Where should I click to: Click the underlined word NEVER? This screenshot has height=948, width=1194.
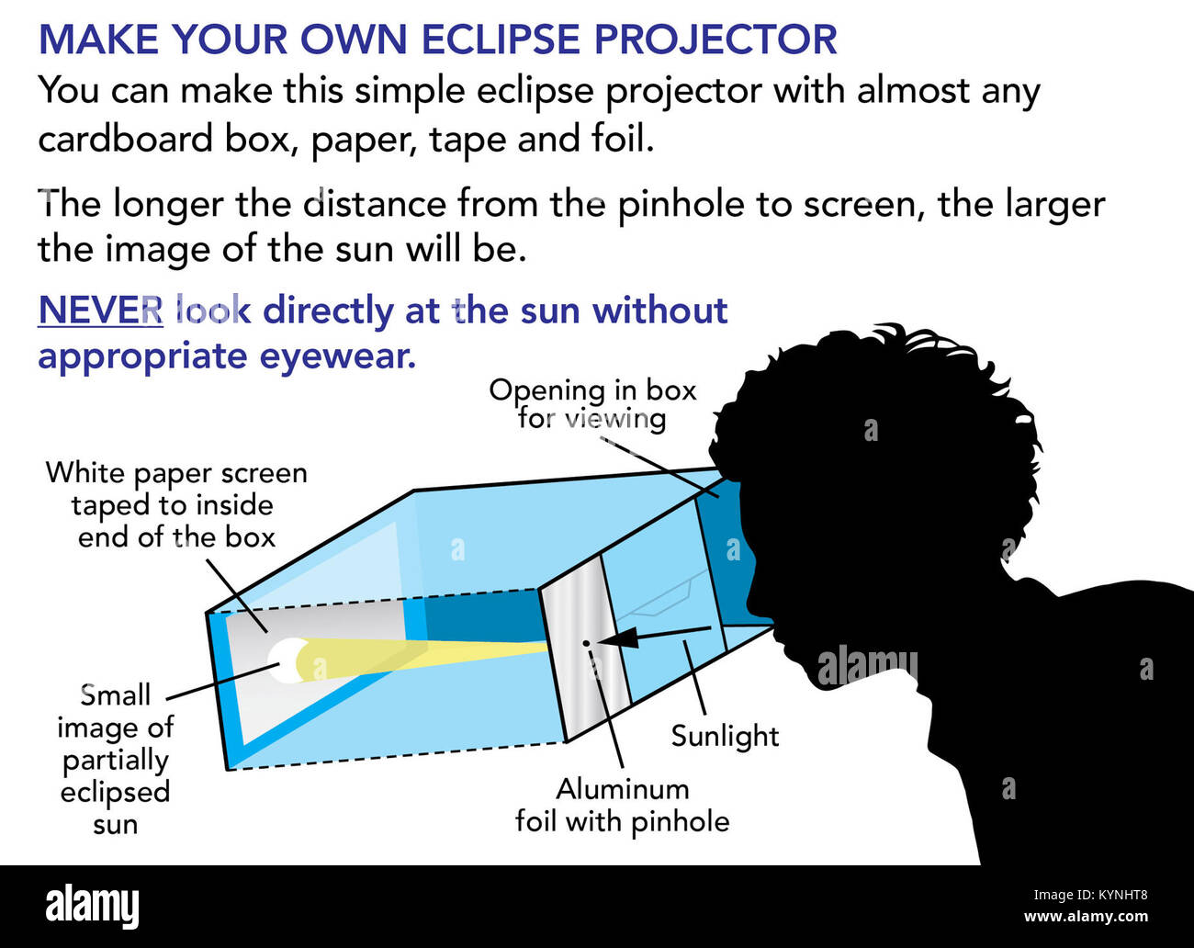pyautogui.click(x=100, y=310)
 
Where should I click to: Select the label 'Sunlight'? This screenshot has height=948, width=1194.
pyautogui.click(x=726, y=737)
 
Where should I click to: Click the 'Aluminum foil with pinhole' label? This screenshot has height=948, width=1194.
pyautogui.click(x=622, y=806)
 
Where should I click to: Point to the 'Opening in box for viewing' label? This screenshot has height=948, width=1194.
pyautogui.click(x=592, y=404)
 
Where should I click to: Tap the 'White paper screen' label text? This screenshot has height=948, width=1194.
pyautogui.click(x=176, y=473)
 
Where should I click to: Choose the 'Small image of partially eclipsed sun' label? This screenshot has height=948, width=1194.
pyautogui.click(x=116, y=759)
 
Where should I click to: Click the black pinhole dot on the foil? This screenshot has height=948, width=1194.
pyautogui.click(x=585, y=643)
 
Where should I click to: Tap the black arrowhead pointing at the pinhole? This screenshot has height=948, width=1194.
pyautogui.click(x=619, y=640)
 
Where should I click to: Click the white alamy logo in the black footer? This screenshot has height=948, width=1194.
pyautogui.click(x=92, y=906)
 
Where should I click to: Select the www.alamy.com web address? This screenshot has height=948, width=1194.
pyautogui.click(x=1086, y=917)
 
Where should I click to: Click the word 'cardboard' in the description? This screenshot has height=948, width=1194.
pyautogui.click(x=126, y=139)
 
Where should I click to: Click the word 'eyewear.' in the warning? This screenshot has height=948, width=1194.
pyautogui.click(x=337, y=356)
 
